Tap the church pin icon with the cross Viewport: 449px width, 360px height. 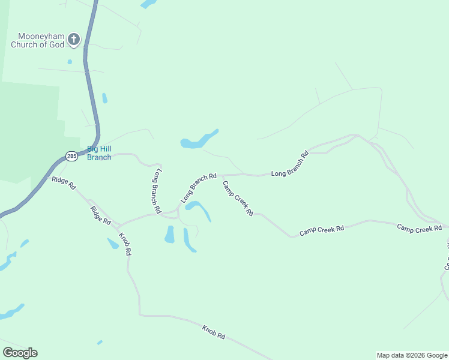pos(74,40)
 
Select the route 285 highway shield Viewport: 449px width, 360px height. pos(71,156)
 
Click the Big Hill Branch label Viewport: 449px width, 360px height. pos(99,153)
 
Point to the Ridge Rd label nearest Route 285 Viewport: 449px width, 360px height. pos(64,183)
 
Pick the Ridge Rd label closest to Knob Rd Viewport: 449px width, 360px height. pos(101,215)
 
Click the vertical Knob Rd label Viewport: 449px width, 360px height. pos(124,244)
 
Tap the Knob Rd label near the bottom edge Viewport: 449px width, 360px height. pos(213,332)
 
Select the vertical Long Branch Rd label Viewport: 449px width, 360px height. pos(157,191)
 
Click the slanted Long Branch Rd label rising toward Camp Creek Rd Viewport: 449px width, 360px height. pos(198,188)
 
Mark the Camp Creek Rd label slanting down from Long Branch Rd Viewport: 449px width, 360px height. pos(238,199)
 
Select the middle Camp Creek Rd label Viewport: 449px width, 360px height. pos(322,229)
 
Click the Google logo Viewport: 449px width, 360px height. pos(20,353)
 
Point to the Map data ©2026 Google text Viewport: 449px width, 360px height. pos(412,355)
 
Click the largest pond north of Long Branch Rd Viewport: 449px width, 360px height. pos(198,140)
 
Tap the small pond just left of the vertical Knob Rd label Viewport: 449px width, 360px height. pos(113,244)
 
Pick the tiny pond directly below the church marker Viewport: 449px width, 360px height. pos(70,61)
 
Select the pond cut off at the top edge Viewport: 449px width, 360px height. pos(148,4)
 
